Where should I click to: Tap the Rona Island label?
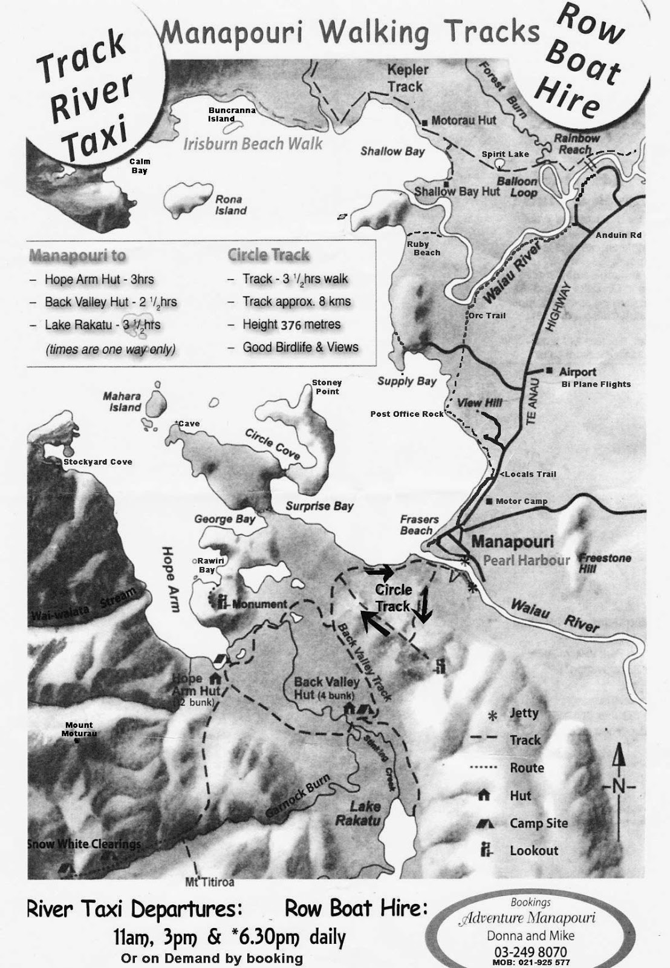[231, 205]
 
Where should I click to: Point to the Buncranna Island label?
[232, 114]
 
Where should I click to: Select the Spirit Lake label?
[505, 154]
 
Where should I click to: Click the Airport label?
[577, 371]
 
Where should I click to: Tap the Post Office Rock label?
[407, 414]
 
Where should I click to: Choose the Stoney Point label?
[327, 387]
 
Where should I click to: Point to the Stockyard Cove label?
[98, 462]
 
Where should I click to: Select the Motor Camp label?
[521, 501]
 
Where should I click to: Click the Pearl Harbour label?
[526, 560]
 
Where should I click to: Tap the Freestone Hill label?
[605, 563]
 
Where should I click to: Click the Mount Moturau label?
[79, 729]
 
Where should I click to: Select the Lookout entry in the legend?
[533, 851]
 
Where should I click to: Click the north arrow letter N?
[618, 787]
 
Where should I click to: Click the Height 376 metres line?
[291, 324]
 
